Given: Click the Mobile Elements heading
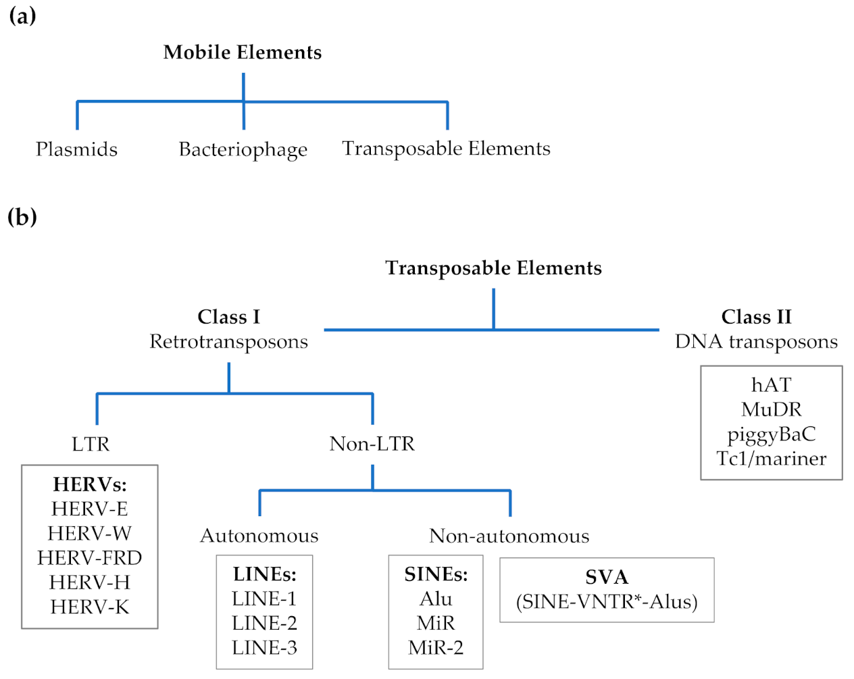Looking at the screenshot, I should tap(243, 53).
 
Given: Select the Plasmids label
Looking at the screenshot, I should tap(76, 149).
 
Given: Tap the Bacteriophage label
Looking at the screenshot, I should tap(243, 150).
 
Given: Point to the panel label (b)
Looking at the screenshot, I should tap(22, 217).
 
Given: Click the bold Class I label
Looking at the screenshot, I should tap(228, 317).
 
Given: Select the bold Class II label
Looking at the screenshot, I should tap(756, 317).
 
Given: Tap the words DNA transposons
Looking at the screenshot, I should tap(756, 342).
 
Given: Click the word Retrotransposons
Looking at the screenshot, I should tap(228, 342).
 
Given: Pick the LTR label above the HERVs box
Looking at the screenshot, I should tap(91, 444).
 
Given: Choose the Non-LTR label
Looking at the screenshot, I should tap(372, 444).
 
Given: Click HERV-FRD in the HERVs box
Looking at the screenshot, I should tap(90, 558).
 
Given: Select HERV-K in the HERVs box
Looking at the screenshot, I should tap(90, 607).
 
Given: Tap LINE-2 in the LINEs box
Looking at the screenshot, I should tap(264, 623).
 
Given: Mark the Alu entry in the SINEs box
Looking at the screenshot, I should tap(436, 599).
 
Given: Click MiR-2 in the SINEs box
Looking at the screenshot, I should tap(436, 648).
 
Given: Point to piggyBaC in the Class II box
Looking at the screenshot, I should tap(772, 434).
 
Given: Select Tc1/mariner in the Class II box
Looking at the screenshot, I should tap(772, 459).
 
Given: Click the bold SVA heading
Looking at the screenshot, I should tap(607, 577).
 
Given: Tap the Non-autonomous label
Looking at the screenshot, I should tap(509, 536).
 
